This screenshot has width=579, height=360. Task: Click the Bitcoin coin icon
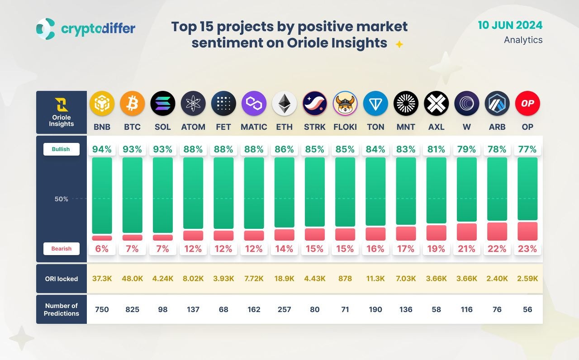[132, 104]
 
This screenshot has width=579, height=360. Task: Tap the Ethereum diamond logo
[284, 104]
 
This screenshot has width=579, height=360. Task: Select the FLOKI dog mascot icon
[345, 104]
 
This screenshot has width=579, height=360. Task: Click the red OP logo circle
[527, 104]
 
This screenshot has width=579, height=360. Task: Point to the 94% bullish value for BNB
[102, 149]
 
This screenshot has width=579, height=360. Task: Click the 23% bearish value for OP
[527, 249]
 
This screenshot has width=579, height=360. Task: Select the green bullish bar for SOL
[163, 195]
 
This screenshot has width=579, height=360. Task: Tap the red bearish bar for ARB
[497, 231]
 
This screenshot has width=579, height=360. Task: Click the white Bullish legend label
[62, 149]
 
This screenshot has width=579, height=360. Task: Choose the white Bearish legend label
[62, 249]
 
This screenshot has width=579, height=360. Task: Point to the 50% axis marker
[62, 199]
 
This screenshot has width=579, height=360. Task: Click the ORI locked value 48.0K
[132, 279]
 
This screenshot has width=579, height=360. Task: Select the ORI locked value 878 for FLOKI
[345, 279]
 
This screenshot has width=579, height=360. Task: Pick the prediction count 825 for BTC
[132, 310]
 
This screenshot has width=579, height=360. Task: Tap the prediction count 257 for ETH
[284, 310]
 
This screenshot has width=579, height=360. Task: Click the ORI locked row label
[62, 279]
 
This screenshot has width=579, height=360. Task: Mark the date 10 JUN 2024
[510, 25]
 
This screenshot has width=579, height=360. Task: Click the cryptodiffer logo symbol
[46, 29]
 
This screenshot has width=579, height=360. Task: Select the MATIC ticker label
[254, 127]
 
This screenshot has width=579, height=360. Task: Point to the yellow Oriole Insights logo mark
[62, 104]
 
